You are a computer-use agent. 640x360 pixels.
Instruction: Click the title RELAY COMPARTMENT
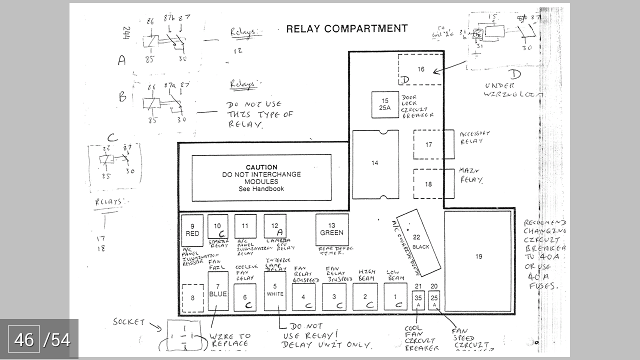coord(346,28)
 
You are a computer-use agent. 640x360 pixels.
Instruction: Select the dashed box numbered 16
coord(420,69)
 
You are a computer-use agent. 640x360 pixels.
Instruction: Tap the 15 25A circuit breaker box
coord(385,104)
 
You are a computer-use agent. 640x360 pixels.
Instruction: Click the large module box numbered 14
coord(375,164)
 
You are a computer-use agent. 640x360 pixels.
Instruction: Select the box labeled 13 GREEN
coord(332,230)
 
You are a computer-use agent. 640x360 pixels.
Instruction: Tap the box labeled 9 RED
coord(192,230)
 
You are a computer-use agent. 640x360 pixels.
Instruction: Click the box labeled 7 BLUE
coord(218,291)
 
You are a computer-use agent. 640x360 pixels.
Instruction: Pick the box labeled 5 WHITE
coord(275,291)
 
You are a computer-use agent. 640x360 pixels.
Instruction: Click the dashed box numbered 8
coord(192,298)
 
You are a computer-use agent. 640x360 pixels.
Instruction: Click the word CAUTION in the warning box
coord(261,167)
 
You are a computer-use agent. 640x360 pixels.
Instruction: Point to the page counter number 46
coord(24,340)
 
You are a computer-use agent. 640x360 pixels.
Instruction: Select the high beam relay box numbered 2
coord(365,297)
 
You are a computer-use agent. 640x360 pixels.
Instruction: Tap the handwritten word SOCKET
coord(128,321)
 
